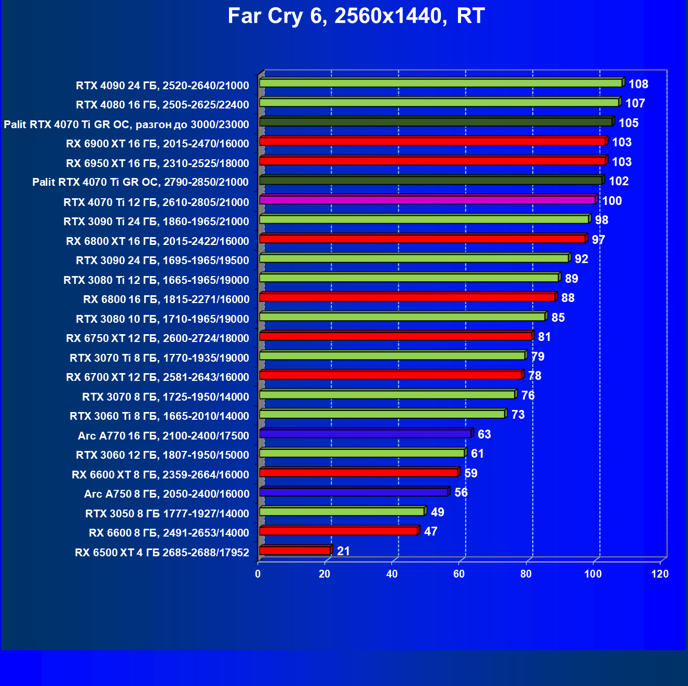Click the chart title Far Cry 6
tap(356, 16)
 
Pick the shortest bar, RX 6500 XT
tap(295, 550)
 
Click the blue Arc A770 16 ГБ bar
tap(365, 433)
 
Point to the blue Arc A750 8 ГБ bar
tap(354, 492)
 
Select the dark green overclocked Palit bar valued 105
tap(436, 122)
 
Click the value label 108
tap(638, 84)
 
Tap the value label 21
tap(343, 551)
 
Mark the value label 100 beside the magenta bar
tap(612, 201)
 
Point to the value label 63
tap(484, 434)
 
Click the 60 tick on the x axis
tap(459, 574)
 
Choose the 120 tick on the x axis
tap(660, 574)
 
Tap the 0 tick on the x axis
tap(258, 574)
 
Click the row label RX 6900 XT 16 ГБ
tap(157, 144)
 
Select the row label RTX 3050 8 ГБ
tap(167, 514)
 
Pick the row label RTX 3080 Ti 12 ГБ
tap(156, 280)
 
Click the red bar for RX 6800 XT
tap(422, 239)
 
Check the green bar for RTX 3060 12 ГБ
tap(362, 453)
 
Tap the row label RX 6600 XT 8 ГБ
tap(160, 475)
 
